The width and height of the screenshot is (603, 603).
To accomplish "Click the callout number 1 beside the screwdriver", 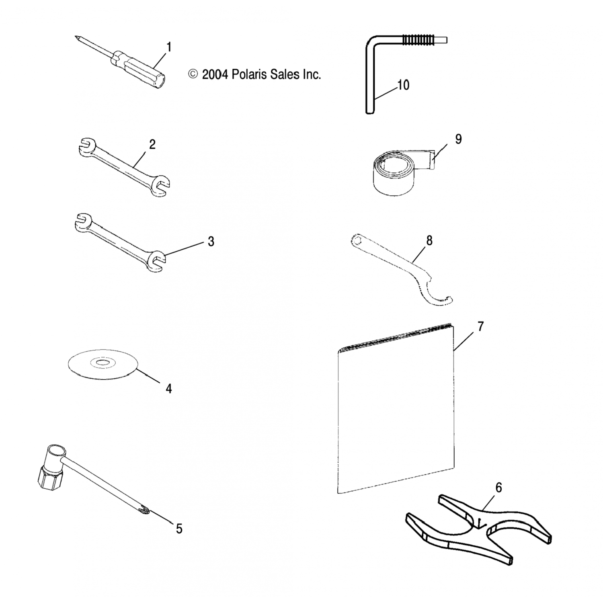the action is (169, 47).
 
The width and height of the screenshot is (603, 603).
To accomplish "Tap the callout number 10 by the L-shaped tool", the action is (403, 85).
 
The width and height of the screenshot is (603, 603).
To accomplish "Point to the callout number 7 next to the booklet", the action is (480, 326).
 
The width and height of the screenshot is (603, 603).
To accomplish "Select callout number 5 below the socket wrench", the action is (179, 529).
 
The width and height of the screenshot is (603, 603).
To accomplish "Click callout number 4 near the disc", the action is (169, 389).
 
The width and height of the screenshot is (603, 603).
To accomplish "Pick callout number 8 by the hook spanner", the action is (429, 241).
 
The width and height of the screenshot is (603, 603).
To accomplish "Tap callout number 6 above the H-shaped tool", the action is (498, 488).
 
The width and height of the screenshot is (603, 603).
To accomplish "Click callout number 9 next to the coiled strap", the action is (458, 139).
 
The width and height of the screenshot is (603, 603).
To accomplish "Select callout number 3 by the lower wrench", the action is (211, 242).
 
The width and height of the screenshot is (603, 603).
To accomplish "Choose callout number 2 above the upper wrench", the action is (152, 144).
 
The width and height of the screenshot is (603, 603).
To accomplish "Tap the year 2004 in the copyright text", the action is (215, 74).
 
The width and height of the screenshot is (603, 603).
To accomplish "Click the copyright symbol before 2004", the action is (193, 74).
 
